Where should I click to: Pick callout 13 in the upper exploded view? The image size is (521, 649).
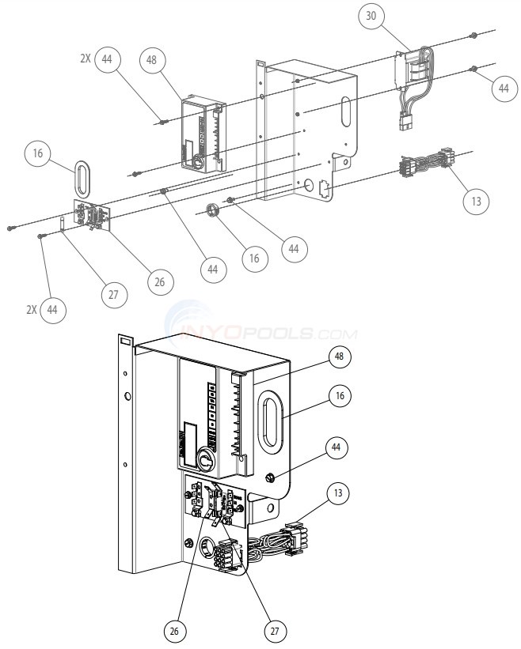[475, 201]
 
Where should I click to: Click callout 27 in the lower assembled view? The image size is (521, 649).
[273, 631]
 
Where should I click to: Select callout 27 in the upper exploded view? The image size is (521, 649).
[112, 293]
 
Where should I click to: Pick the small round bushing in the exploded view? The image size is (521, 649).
[211, 211]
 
